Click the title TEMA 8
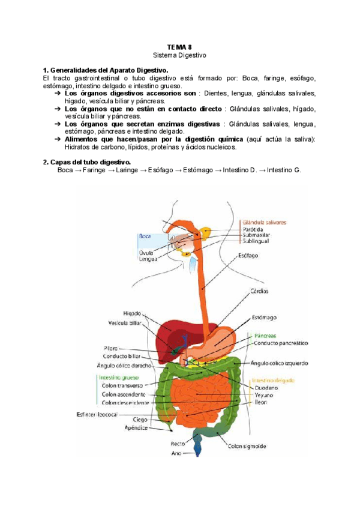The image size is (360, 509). (x=179, y=46)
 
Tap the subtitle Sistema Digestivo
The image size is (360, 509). (x=179, y=55)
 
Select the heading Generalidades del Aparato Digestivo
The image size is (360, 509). (x=106, y=70)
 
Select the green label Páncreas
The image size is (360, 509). (x=265, y=336)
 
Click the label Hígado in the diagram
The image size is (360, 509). (x=132, y=313)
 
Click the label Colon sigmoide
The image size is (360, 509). (x=247, y=446)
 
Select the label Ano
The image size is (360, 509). (x=176, y=453)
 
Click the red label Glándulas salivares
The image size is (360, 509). (x=265, y=221)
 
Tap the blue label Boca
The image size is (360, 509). (x=144, y=236)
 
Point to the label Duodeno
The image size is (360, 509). (x=265, y=388)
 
